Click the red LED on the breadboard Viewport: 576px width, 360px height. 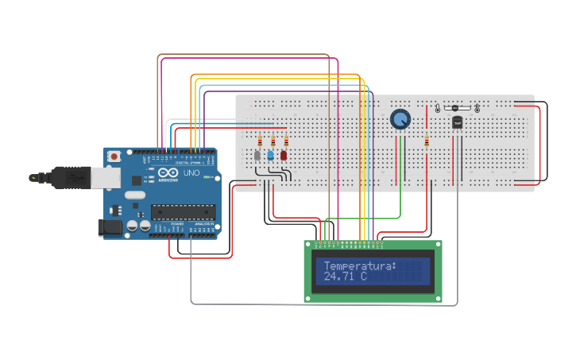point(284,155)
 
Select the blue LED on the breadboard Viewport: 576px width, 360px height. point(270,155)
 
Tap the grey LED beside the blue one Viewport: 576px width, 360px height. point(257,155)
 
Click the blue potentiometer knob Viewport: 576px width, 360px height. point(401,119)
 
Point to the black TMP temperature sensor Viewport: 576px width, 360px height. point(457,122)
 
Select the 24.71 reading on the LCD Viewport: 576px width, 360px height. point(339,277)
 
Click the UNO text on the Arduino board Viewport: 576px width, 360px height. point(191,173)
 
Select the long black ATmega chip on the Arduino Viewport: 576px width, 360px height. point(184,211)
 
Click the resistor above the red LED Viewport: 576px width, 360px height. point(285,141)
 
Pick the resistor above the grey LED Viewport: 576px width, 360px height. point(258,141)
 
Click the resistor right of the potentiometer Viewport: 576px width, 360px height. point(427,142)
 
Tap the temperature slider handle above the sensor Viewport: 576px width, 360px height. point(454,107)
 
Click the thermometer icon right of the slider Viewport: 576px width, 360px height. point(477,107)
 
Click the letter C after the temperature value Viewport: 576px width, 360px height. point(363,277)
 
